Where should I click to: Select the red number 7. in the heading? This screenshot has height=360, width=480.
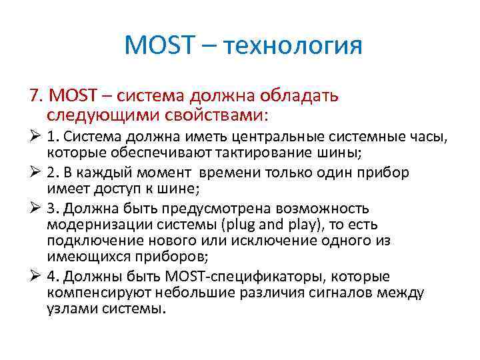tap(37, 96)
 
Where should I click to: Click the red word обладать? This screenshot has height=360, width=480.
tap(304, 96)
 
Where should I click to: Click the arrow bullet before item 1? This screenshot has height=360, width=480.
tap(36, 137)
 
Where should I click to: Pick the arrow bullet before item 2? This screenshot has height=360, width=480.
tap(36, 172)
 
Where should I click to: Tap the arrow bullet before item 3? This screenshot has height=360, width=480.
tap(36, 207)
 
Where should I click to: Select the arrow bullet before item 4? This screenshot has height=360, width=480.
tap(36, 276)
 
